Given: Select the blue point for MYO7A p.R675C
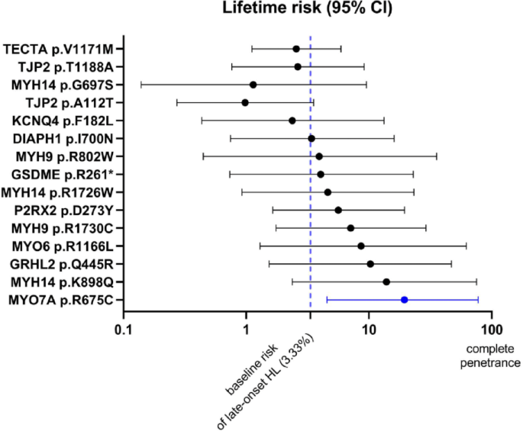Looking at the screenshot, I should pos(404,300).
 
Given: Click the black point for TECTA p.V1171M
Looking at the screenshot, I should pos(296,49).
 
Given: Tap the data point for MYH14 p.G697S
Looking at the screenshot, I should pos(253,85).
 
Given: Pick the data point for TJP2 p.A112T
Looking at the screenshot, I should pos(245,102).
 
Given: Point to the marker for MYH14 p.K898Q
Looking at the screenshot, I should pos(386,281).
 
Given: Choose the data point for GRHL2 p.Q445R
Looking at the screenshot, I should pos(370,264).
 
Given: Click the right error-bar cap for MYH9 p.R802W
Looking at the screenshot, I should pos(437,156).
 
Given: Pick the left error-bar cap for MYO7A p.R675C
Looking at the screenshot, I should pos(327,300).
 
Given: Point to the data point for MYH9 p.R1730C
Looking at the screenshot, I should pos(350,228).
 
